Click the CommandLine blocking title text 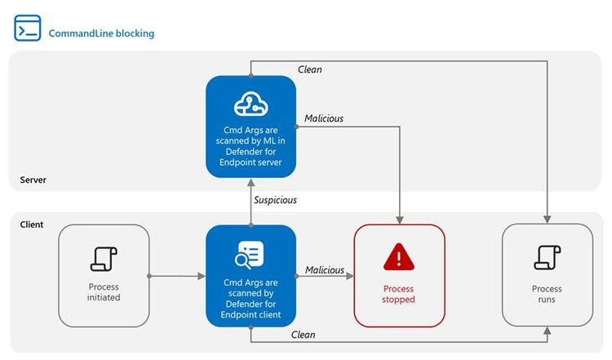point(101,33)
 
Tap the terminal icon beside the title point(27,28)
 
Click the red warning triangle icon point(399,257)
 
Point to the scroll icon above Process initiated point(104,258)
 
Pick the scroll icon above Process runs point(547,257)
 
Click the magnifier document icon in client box point(251,255)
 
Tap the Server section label point(34,179)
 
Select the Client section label point(32,223)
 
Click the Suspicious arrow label point(276,200)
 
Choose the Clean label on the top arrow point(309,70)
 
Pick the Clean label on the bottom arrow point(303,335)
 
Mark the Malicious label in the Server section point(324,118)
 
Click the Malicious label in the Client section point(324,270)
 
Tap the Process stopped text point(399,294)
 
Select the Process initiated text point(104,292)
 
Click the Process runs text point(547,294)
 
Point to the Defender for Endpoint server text point(251,156)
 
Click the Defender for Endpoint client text point(251,309)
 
